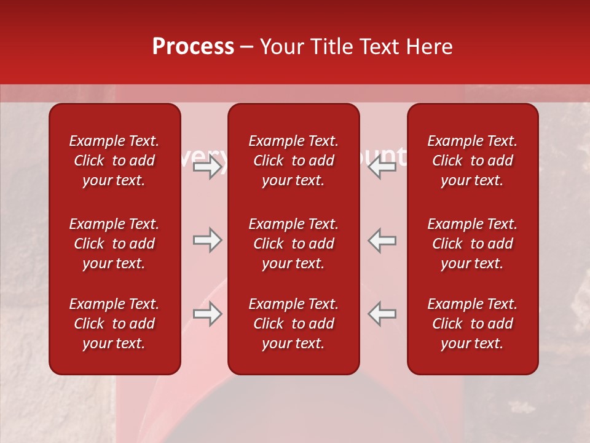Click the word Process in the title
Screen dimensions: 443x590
coord(193,47)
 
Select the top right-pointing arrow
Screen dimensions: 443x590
coord(207,166)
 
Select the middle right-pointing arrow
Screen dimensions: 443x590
coord(207,240)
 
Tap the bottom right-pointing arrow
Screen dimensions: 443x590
coord(207,314)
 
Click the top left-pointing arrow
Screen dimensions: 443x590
coord(382,166)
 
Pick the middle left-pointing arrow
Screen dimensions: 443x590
coord(382,240)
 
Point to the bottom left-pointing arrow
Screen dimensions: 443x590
coord(382,314)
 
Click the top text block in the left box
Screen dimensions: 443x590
coord(114,161)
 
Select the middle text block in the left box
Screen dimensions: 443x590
coord(114,244)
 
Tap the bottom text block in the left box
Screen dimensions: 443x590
coord(114,324)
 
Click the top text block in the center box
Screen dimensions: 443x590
coord(293,161)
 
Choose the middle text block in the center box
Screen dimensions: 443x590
coord(293,244)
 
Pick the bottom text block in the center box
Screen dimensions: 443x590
coord(293,324)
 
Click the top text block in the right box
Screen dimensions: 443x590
coord(472,161)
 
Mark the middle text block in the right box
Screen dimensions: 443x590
coord(472,244)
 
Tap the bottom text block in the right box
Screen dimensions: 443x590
coord(472,324)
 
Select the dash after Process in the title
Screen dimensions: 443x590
coord(246,47)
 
